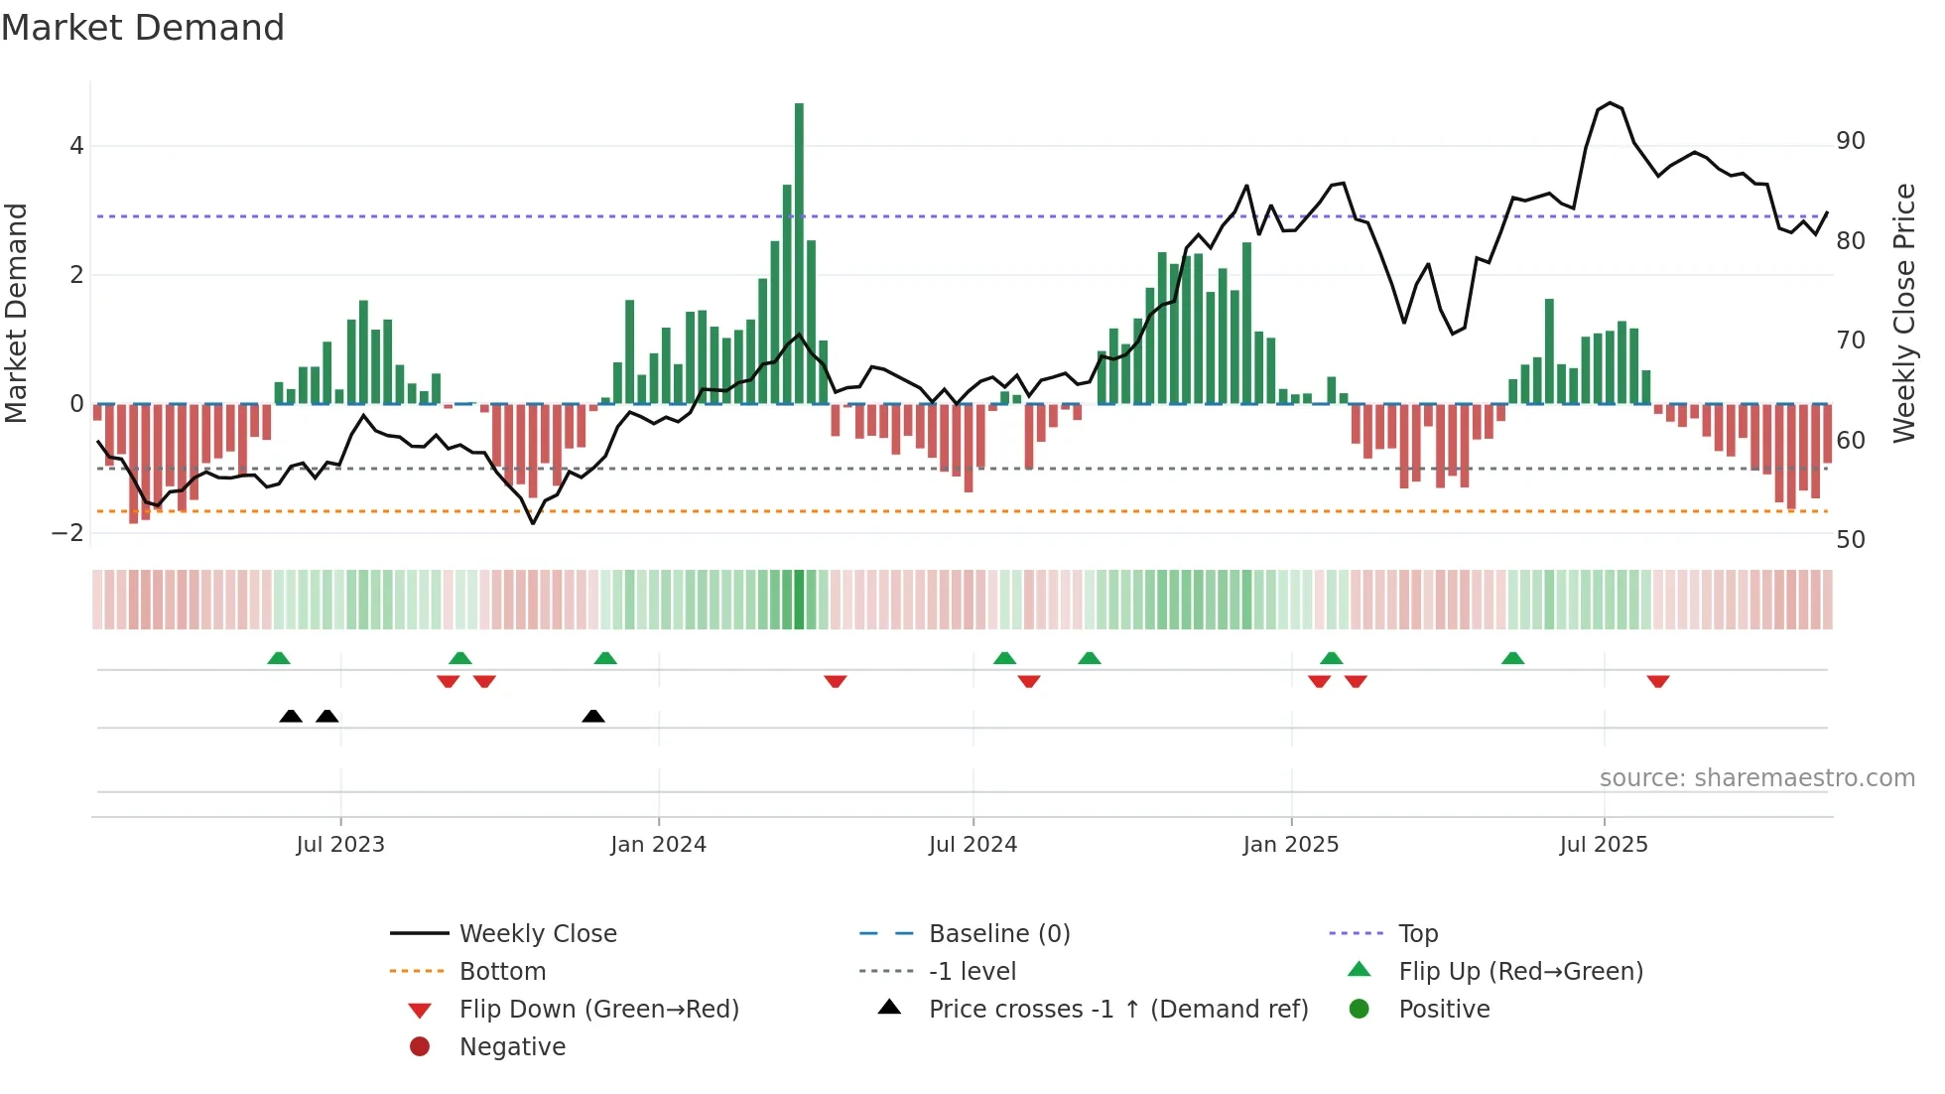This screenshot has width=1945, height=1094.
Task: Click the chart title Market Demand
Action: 143,28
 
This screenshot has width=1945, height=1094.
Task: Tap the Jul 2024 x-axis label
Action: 972,845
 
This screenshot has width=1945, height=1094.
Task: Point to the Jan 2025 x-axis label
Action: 1290,845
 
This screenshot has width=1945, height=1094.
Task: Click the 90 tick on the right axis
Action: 1850,141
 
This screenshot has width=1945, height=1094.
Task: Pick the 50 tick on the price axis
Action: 1850,540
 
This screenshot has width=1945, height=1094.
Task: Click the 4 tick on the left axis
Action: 76,146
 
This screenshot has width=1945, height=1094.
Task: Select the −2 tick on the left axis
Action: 68,533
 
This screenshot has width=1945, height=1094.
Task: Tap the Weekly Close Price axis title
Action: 1903,313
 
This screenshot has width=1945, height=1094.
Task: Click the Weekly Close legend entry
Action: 537,934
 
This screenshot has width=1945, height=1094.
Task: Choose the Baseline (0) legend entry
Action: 998,934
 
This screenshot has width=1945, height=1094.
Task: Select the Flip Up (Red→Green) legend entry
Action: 1519,972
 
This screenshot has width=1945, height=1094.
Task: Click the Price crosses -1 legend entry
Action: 1117,1010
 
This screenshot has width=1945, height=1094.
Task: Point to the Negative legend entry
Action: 511,1047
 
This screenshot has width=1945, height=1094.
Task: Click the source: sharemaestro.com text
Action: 1756,778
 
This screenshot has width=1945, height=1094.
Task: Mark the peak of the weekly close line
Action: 1610,103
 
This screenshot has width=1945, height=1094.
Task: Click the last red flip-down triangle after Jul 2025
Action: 1657,681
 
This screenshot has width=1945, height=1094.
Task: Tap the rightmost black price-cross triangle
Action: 593,716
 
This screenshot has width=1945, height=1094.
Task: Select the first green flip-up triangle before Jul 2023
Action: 279,658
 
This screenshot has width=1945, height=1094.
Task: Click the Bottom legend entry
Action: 501,972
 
